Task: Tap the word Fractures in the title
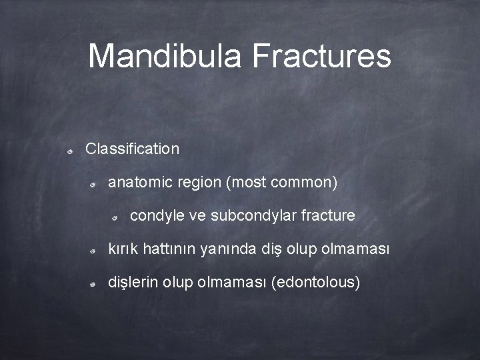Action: click(x=321, y=56)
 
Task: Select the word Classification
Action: click(x=133, y=149)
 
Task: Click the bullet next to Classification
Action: click(x=70, y=151)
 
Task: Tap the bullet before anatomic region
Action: click(x=94, y=185)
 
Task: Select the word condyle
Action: click(x=155, y=216)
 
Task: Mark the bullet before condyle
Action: click(x=115, y=219)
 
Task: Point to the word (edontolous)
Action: click(x=316, y=283)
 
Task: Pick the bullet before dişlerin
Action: click(x=94, y=285)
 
